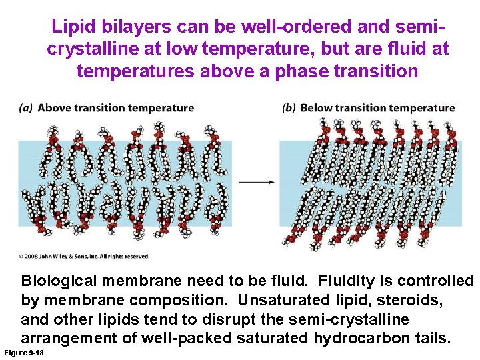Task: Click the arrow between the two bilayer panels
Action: (x=257, y=181)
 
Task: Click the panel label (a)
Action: (x=26, y=108)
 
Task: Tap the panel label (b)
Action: (x=289, y=108)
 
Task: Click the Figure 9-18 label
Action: (x=24, y=351)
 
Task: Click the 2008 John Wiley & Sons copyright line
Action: (x=83, y=256)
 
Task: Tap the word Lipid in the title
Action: (x=72, y=27)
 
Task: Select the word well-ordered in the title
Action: (x=304, y=27)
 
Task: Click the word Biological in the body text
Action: (x=59, y=281)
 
